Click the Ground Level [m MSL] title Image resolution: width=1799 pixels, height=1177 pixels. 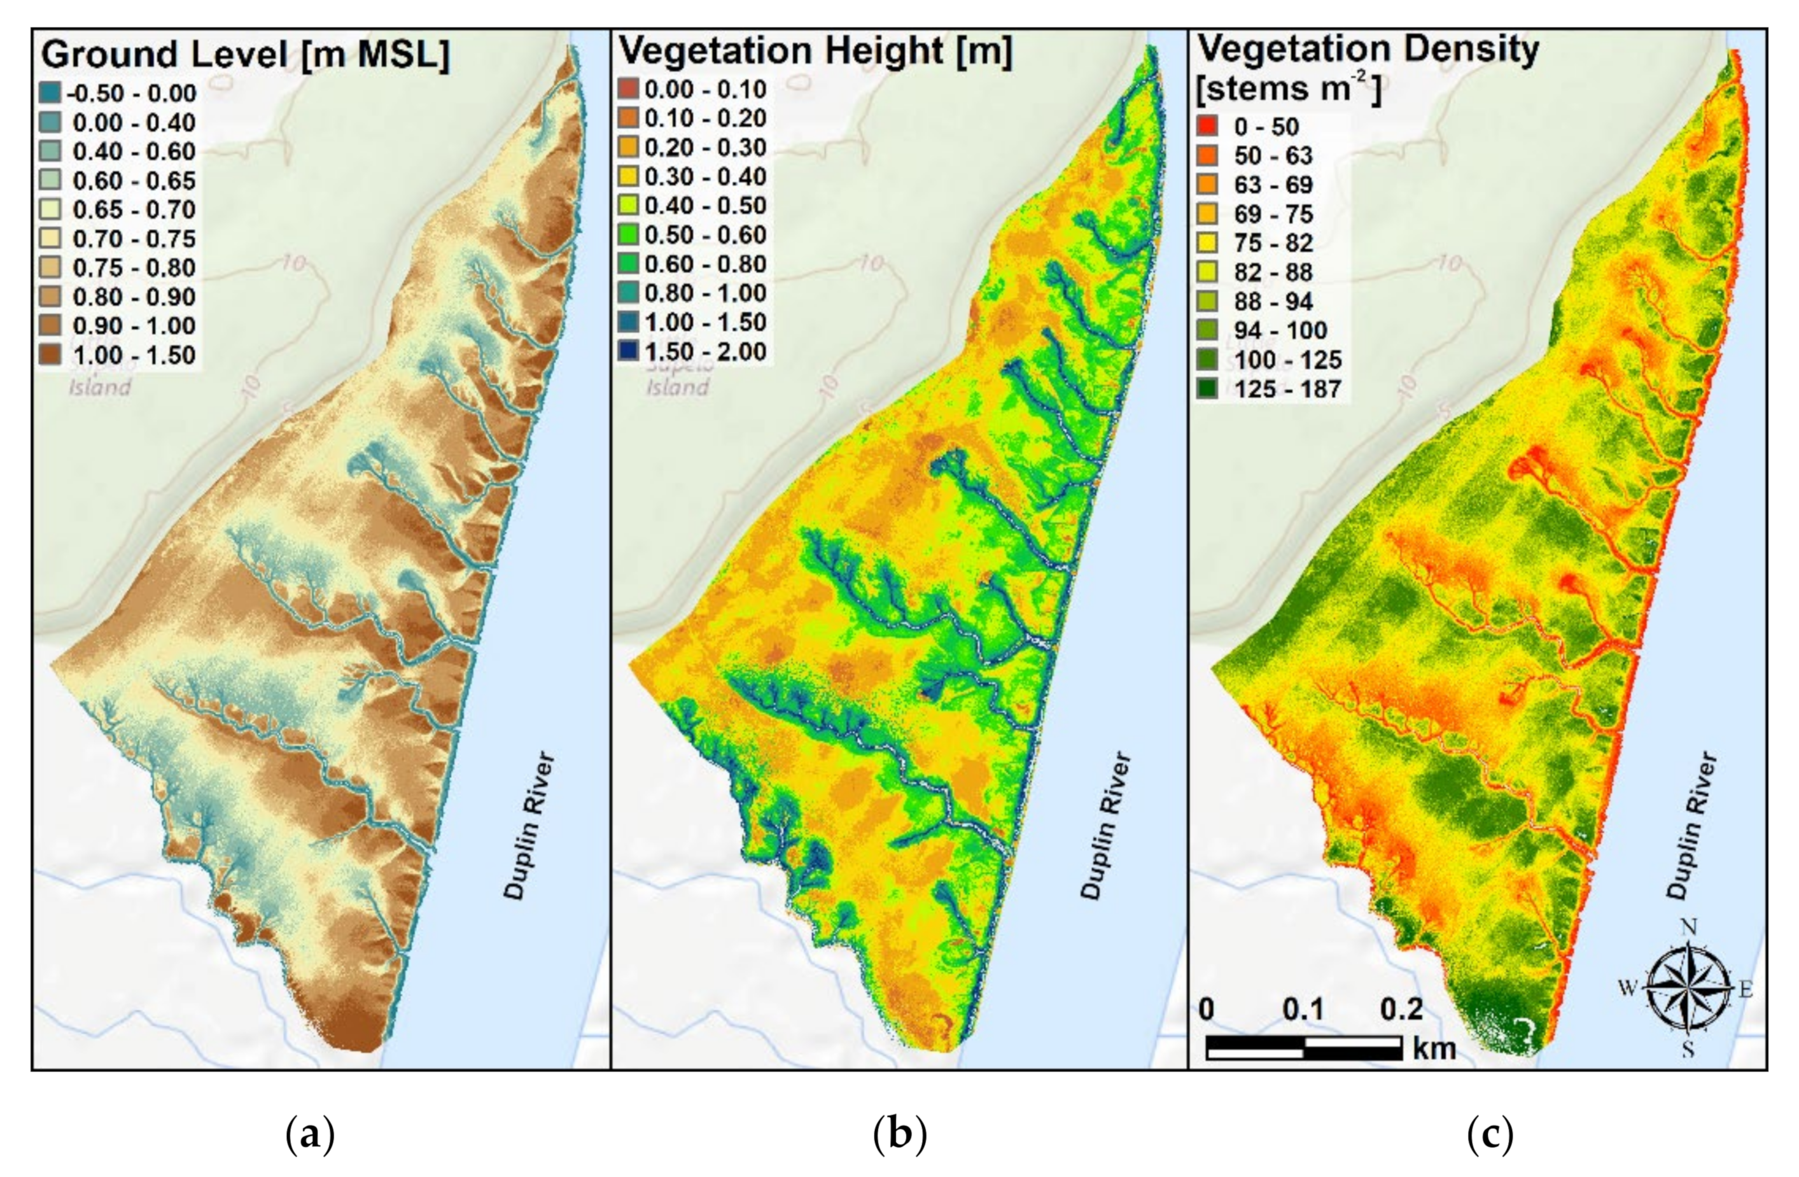coord(245,55)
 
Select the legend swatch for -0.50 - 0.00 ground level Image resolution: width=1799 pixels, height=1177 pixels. coord(49,94)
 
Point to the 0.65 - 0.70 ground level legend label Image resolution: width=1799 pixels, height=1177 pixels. coord(134,209)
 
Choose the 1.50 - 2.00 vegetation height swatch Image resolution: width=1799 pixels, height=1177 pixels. coord(627,351)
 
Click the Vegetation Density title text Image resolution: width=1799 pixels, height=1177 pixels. coord(1368,50)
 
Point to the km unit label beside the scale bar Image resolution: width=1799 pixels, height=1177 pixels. coord(1433,1048)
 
